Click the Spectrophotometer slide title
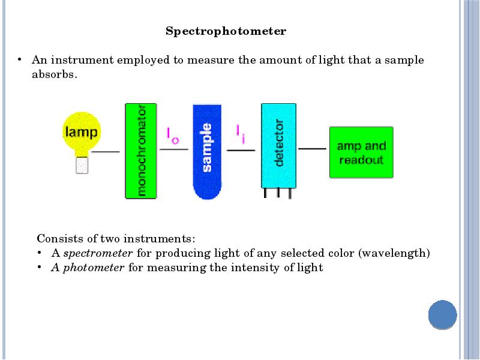(226, 31)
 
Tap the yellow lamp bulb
(82, 131)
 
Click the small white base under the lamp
(82, 164)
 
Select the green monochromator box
(140, 151)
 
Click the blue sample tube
(207, 151)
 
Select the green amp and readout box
(361, 152)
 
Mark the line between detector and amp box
(313, 148)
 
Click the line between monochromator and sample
(174, 149)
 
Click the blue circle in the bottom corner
(443, 314)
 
